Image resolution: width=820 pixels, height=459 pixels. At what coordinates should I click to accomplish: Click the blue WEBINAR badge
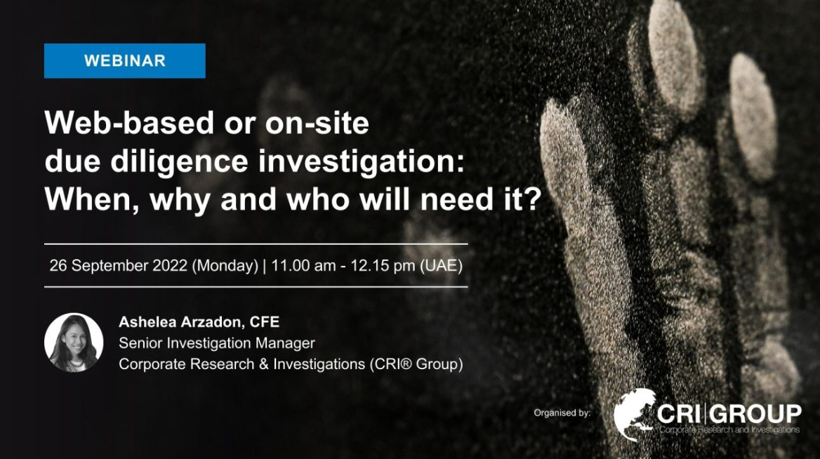click(x=124, y=60)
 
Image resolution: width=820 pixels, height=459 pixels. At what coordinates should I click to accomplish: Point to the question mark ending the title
click(x=533, y=199)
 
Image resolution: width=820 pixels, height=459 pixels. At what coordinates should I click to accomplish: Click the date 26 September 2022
click(x=118, y=265)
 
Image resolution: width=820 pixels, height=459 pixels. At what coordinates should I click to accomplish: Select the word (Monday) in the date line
click(x=225, y=265)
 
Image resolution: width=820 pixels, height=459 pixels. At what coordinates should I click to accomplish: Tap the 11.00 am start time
click(x=303, y=265)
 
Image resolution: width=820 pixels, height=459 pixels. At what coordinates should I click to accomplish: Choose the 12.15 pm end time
click(x=383, y=265)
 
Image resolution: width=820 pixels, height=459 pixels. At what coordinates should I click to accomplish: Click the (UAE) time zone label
click(x=441, y=265)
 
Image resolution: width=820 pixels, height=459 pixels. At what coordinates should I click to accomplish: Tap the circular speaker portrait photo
click(x=74, y=342)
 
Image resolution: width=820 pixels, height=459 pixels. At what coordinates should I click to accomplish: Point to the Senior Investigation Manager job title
click(x=216, y=343)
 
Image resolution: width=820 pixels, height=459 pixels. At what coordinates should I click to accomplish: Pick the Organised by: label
click(x=562, y=413)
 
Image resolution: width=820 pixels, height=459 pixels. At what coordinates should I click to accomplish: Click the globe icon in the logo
click(x=635, y=415)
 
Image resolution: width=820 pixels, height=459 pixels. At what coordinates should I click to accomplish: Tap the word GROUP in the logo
click(x=756, y=414)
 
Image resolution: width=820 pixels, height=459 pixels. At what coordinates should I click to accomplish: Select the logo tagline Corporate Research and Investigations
click(x=729, y=430)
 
